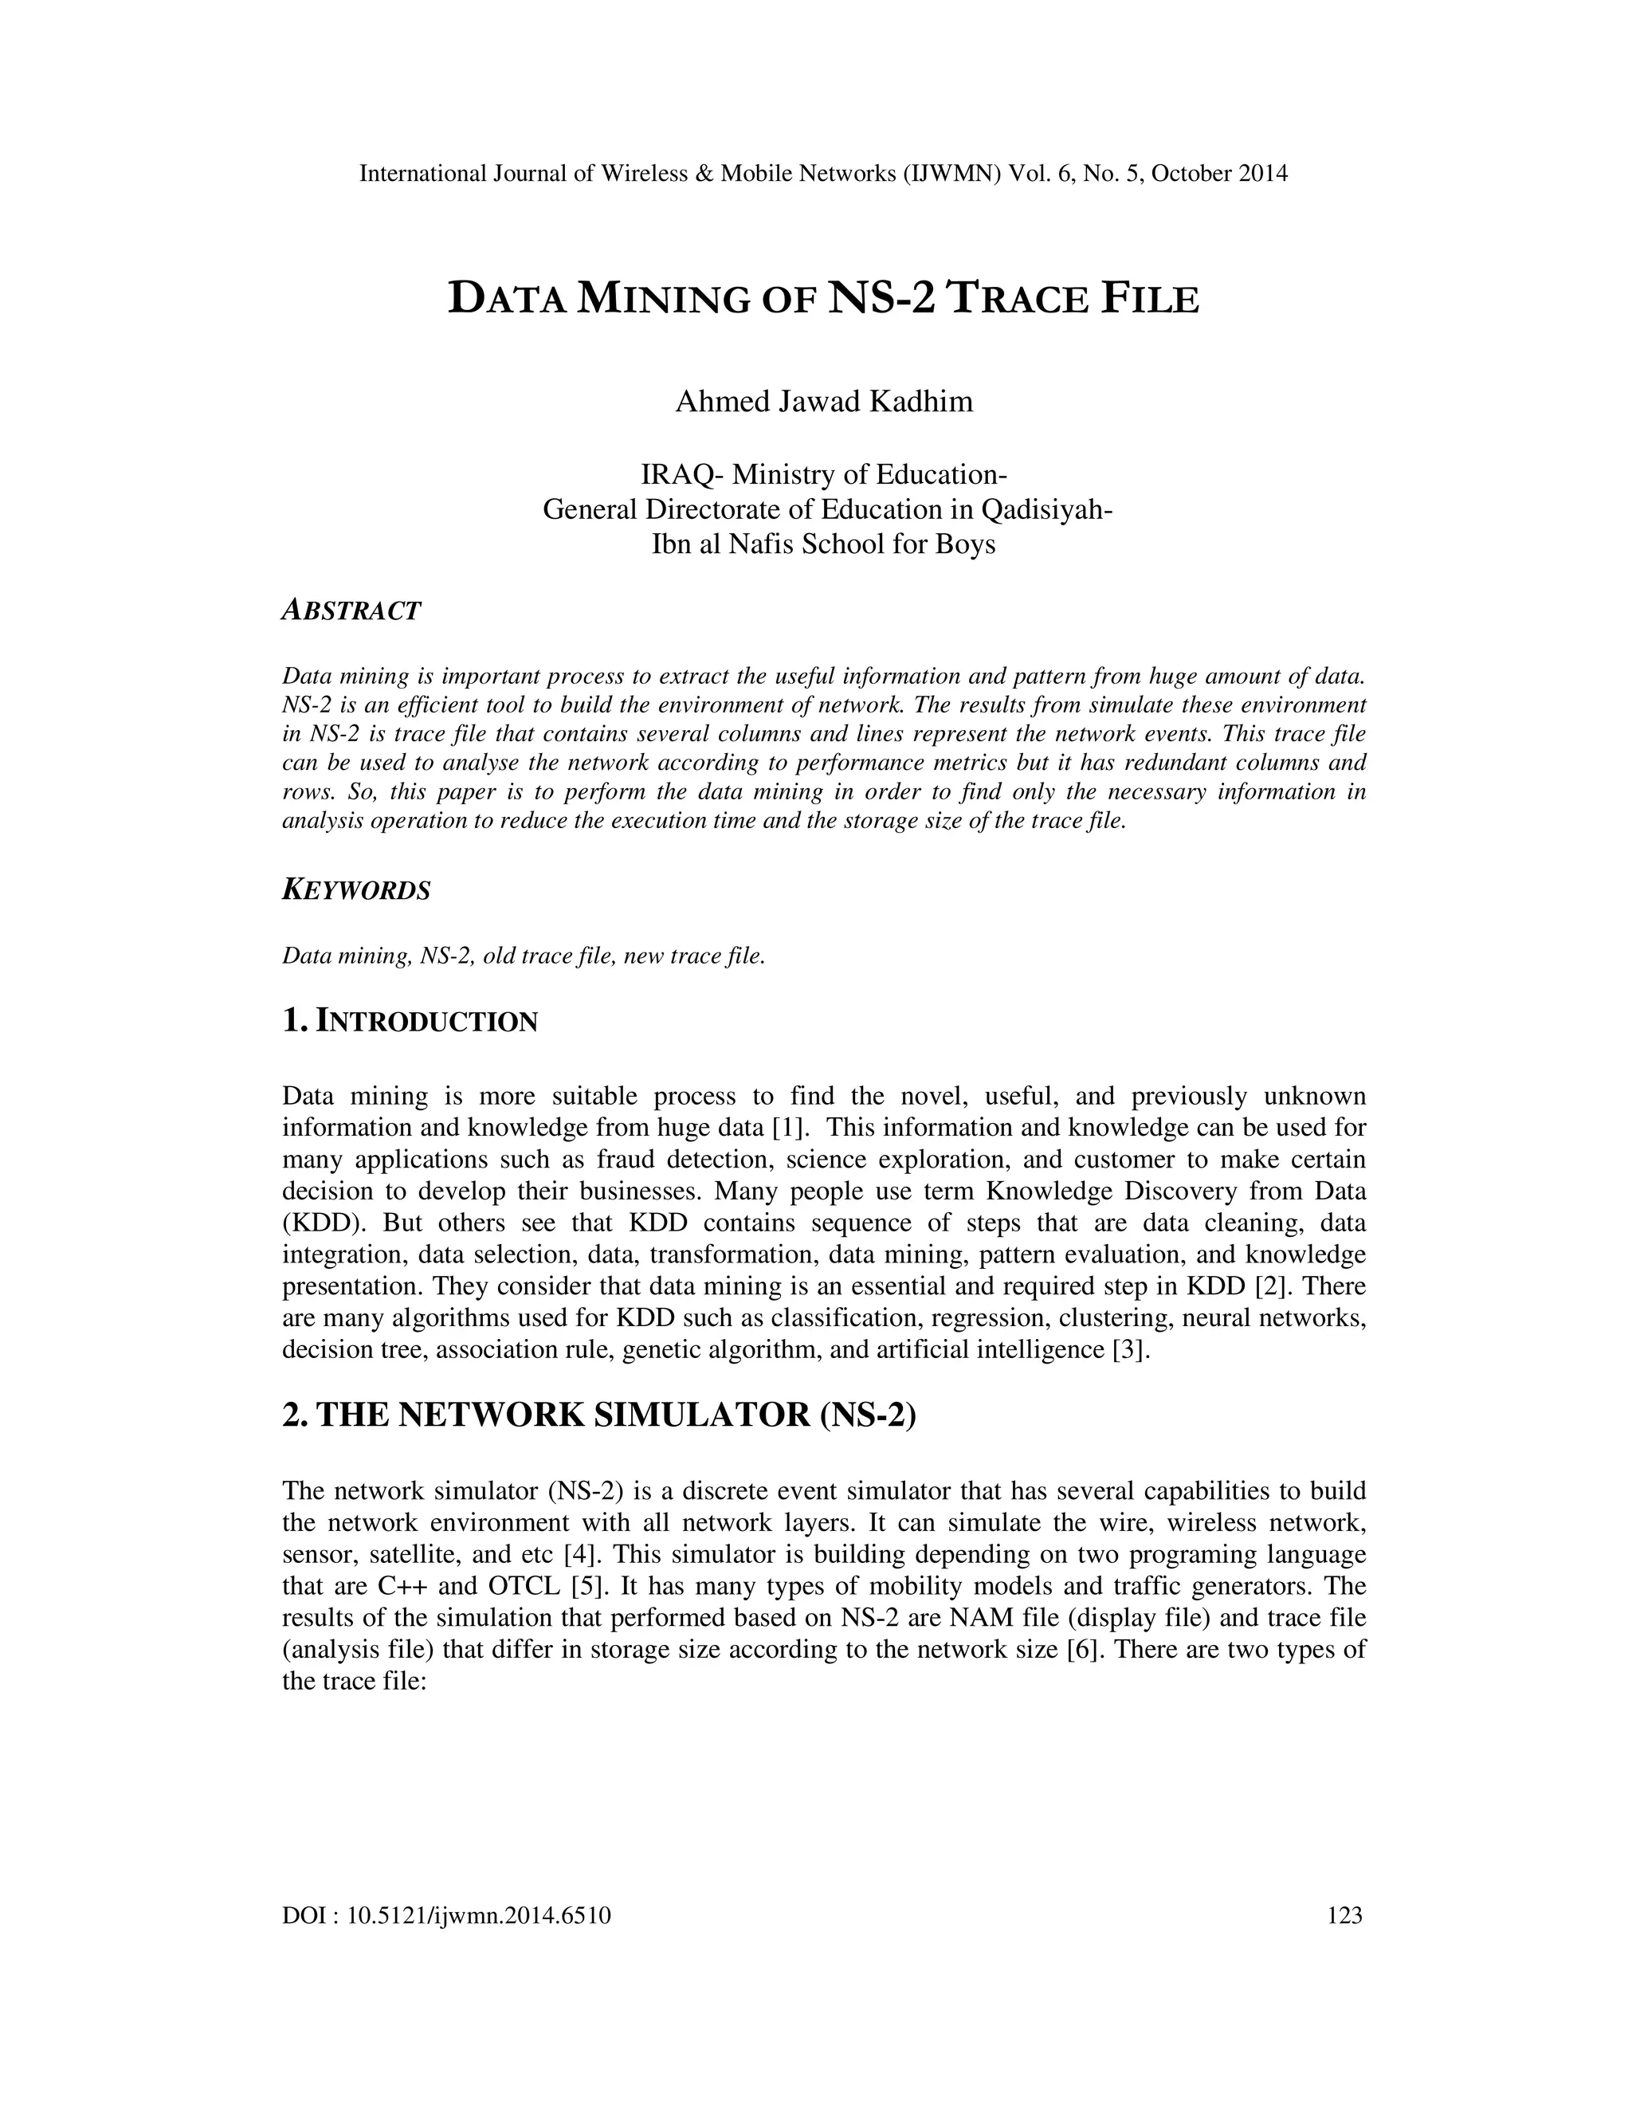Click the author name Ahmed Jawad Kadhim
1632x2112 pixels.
(824, 400)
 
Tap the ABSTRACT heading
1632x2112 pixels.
(351, 611)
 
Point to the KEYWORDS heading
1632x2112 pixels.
(355, 891)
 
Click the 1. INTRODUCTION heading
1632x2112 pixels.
(410, 1021)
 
